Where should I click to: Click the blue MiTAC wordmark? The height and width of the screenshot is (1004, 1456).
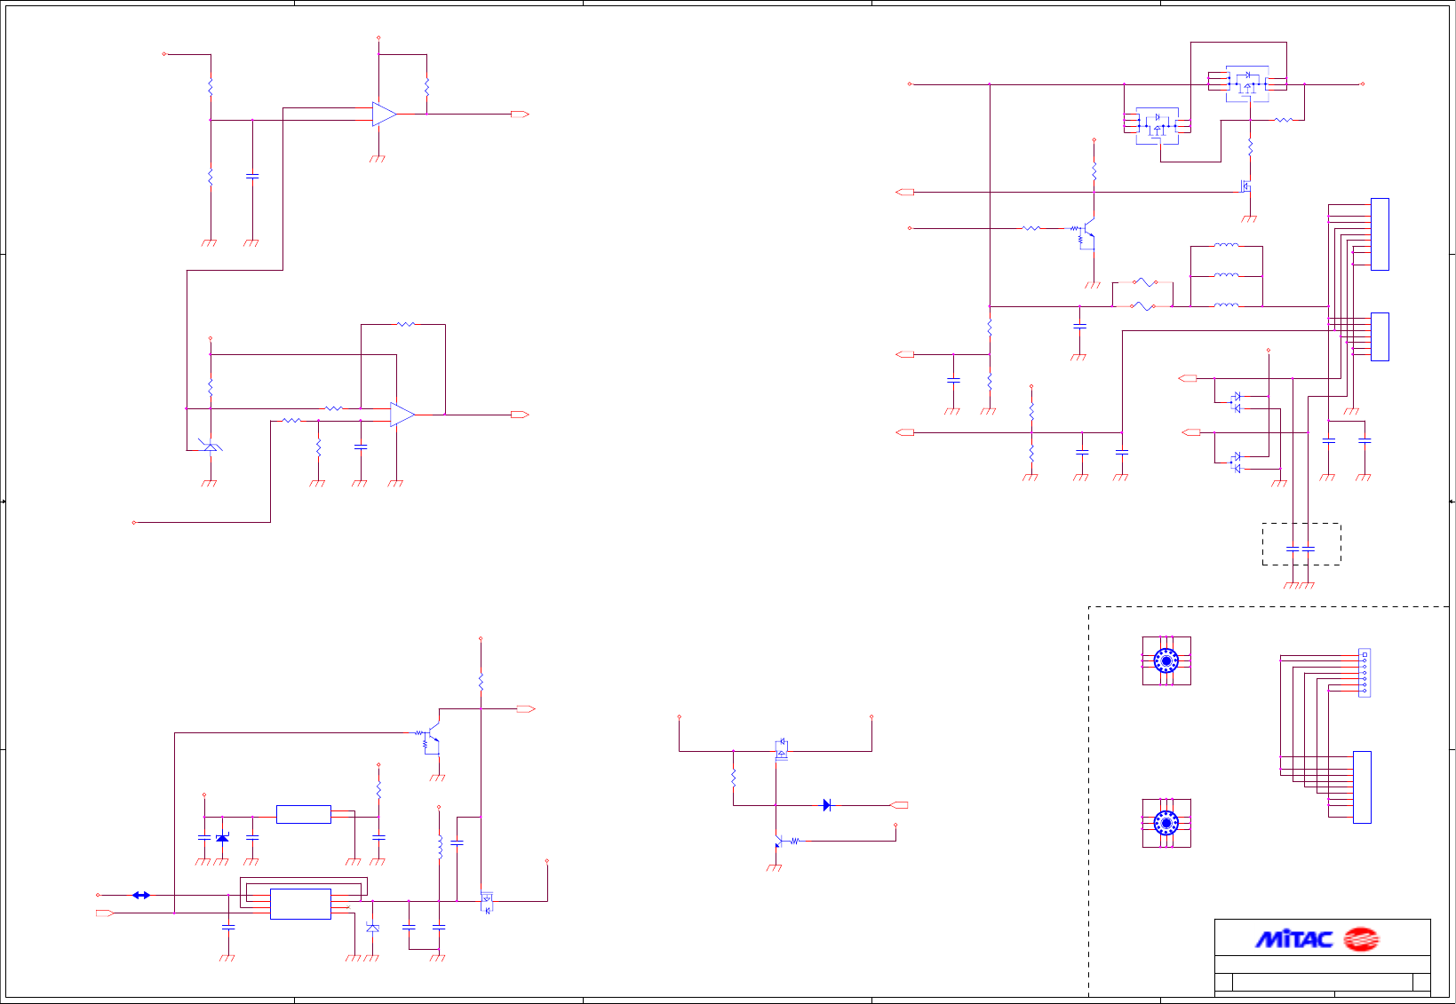[x=1293, y=939]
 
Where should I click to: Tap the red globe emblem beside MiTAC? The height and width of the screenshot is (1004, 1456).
[x=1360, y=939]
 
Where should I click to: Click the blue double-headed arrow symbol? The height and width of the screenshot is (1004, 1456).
[x=141, y=895]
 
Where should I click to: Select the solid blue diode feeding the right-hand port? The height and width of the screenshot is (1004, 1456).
[x=827, y=805]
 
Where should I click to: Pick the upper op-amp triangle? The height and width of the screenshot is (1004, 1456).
[x=384, y=114]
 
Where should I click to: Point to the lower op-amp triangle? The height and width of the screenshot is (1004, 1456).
[x=402, y=415]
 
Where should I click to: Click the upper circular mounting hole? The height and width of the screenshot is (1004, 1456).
[x=1166, y=660]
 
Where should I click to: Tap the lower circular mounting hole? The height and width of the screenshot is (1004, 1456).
[x=1166, y=823]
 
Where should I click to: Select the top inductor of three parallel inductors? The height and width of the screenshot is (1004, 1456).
[x=1226, y=246]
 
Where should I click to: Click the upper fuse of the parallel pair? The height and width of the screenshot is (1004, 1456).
[x=1144, y=282]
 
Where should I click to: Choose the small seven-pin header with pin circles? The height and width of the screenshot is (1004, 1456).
[x=1365, y=672]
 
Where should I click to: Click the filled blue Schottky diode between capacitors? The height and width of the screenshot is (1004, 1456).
[x=222, y=837]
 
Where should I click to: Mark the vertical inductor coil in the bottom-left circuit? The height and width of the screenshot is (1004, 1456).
[x=439, y=846]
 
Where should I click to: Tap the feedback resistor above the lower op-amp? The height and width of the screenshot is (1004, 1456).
[x=405, y=325]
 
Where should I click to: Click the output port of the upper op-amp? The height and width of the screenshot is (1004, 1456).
[x=520, y=114]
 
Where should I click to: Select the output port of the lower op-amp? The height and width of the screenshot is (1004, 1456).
[x=520, y=415]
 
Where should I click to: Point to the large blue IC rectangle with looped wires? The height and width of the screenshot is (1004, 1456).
[x=300, y=904]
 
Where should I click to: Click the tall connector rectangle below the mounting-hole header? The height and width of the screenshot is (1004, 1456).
[x=1361, y=787]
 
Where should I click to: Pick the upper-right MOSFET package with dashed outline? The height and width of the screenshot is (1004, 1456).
[x=1248, y=83]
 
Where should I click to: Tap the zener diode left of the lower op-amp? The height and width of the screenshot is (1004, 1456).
[x=211, y=446]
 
